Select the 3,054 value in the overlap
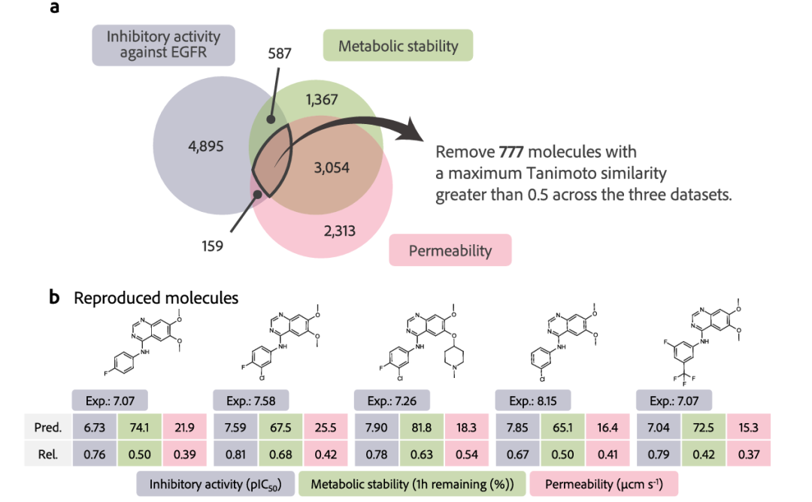(x=331, y=168)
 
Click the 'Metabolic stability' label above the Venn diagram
(x=398, y=46)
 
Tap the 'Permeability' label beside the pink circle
(x=449, y=250)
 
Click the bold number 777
(x=511, y=152)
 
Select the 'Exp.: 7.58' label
(x=251, y=401)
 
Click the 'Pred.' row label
(x=47, y=427)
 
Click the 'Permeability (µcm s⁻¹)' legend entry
(x=603, y=485)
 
